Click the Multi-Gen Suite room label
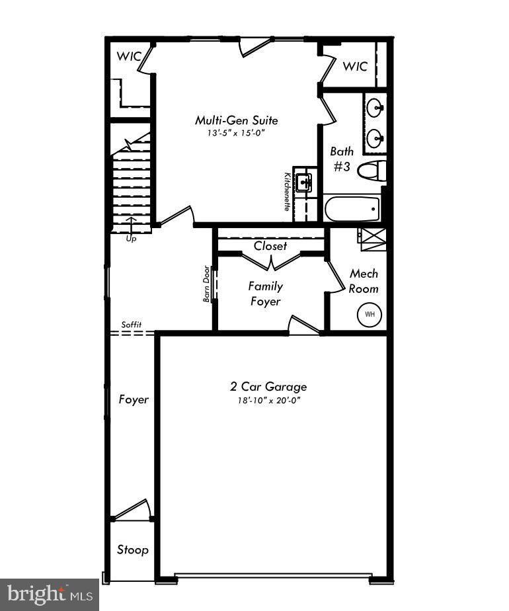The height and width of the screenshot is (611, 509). [236, 120]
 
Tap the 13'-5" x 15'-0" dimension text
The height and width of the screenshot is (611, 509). [236, 133]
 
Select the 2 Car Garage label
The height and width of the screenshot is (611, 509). [268, 387]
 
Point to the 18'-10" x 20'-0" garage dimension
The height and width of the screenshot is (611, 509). [268, 399]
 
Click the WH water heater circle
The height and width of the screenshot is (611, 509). [370, 314]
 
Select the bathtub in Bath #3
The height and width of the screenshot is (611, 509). [353, 209]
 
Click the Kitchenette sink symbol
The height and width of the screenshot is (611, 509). [303, 183]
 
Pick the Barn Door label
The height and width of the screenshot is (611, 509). [207, 284]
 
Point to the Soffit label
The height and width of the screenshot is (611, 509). [131, 325]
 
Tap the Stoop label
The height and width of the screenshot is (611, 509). [132, 550]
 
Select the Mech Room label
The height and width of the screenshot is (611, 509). [364, 281]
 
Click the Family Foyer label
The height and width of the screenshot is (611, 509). [265, 294]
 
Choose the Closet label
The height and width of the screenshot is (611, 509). [270, 246]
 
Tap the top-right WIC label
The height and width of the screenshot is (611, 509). [355, 66]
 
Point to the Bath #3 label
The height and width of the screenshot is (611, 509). [342, 159]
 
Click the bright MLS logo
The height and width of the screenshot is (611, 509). [49, 594]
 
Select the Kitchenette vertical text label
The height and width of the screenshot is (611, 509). [288, 191]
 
